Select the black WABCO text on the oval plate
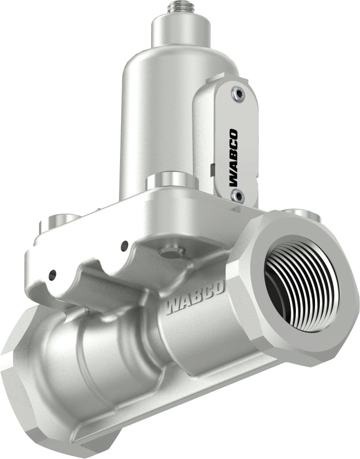coord(233,158)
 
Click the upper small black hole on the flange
coord(124,246)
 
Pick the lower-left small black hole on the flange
coord(52,273)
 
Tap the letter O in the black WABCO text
coord(233,136)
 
